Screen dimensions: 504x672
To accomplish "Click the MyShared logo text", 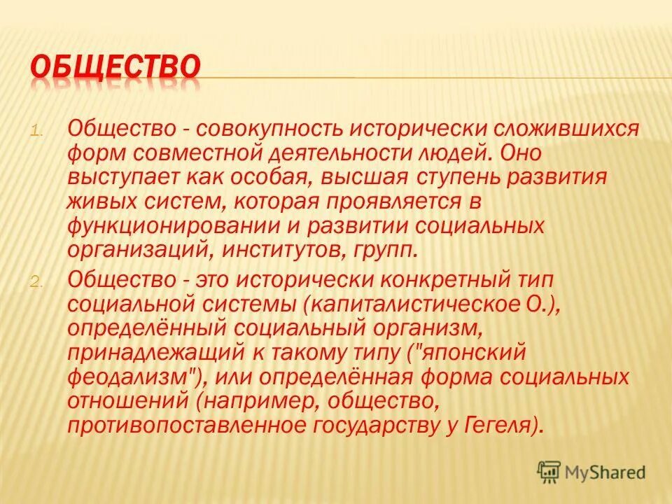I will [606, 472].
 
